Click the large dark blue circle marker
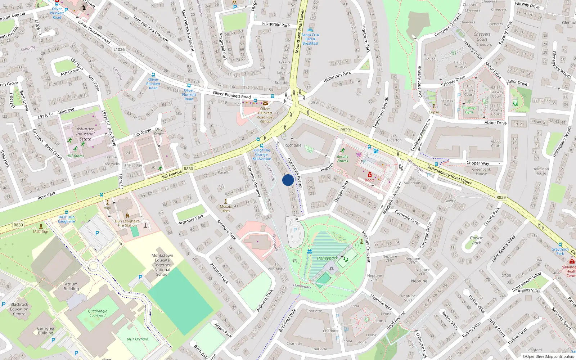[x=288, y=180]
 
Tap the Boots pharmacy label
[x=369, y=180]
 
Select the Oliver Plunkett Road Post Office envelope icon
[x=265, y=103]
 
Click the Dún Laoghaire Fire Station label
[x=127, y=223]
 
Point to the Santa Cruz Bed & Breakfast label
[x=310, y=39]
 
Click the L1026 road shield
[x=119, y=50]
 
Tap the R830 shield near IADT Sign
[x=18, y=225]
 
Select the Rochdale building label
[x=293, y=145]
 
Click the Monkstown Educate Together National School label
[x=162, y=265]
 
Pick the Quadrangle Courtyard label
[x=97, y=313]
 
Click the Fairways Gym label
[x=469, y=110]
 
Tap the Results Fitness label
[x=342, y=158]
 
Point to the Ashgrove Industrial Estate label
[x=85, y=134]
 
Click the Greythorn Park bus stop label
[x=560, y=251]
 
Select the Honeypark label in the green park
[x=327, y=258]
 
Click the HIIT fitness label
[x=75, y=156]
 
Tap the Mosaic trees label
[x=226, y=208]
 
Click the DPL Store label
[x=159, y=131]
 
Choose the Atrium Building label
[x=71, y=286]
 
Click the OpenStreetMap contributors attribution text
[x=548, y=356]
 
